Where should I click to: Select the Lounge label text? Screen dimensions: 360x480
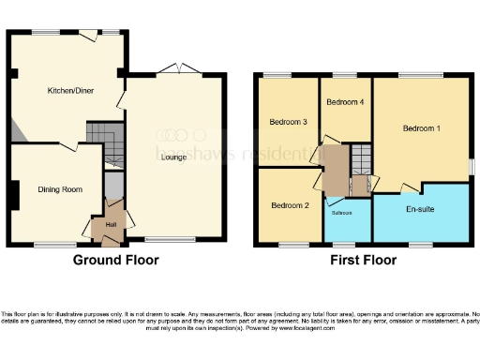click(173, 157)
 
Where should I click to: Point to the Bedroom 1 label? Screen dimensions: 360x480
click(422, 127)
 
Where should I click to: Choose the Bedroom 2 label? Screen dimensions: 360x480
click(289, 205)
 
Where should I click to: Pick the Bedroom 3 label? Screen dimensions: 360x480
click(289, 121)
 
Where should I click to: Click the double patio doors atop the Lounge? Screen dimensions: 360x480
click(175, 68)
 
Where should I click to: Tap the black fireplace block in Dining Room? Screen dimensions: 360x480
click(12, 195)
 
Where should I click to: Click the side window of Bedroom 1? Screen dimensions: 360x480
click(471, 165)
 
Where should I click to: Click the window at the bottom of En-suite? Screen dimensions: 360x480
click(420, 245)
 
